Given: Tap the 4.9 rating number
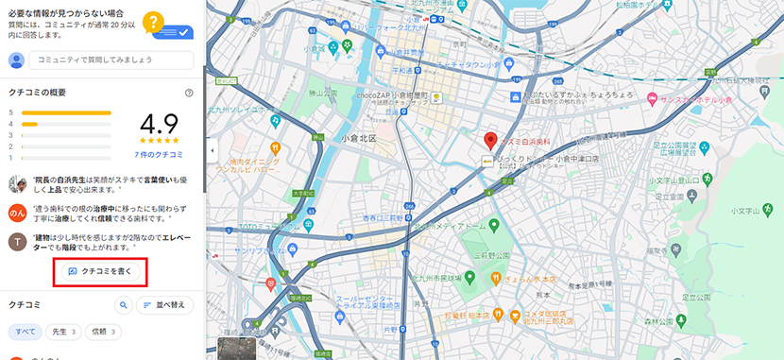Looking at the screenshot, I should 158,126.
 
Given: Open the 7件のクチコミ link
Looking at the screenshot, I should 158,154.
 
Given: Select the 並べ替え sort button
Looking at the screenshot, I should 165,305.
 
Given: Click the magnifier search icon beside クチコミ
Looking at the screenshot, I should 123,305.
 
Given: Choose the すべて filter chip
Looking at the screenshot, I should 26,333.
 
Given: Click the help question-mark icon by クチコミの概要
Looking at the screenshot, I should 189,93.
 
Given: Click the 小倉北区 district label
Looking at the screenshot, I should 358,139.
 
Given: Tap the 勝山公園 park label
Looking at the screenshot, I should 324,94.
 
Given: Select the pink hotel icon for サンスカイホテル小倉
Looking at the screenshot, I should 651,98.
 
